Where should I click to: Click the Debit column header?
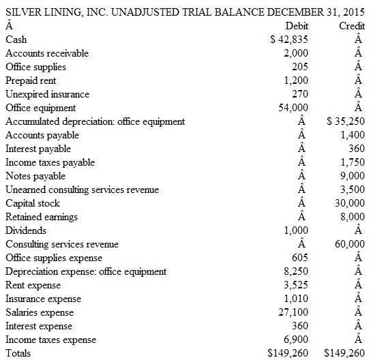tap(297, 26)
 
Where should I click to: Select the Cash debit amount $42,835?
tap(291, 40)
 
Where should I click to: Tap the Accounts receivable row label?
tap(47, 53)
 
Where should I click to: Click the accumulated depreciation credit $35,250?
tap(346, 121)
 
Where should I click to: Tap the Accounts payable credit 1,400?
tap(352, 135)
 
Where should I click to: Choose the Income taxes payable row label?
tap(50, 162)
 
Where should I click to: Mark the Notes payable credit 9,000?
tap(352, 176)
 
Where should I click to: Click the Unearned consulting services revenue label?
tap(82, 190)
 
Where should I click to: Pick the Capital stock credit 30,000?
tap(349, 203)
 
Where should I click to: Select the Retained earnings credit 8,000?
tap(352, 217)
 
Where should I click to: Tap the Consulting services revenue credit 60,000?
tap(349, 244)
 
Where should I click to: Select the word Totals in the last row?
tap(18, 353)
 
